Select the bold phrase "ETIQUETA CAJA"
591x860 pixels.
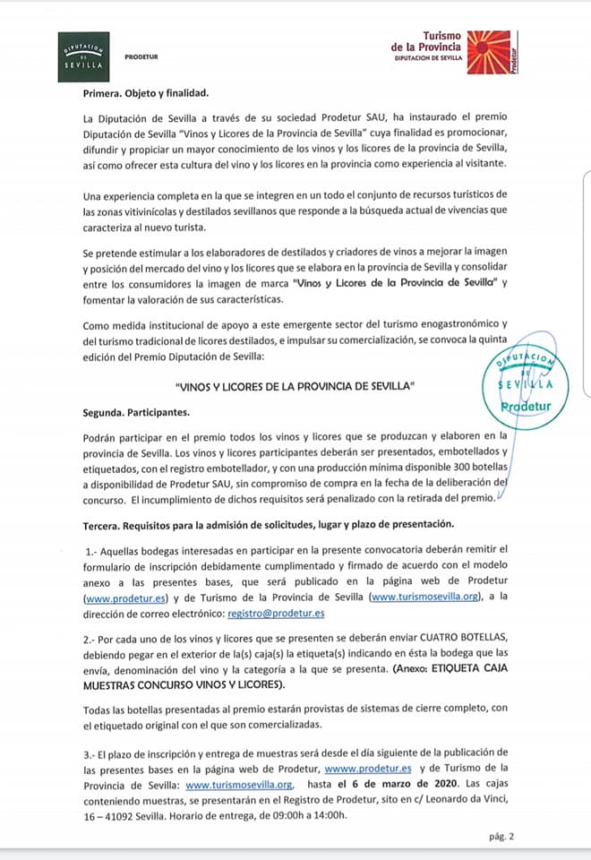(x=467, y=670)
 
